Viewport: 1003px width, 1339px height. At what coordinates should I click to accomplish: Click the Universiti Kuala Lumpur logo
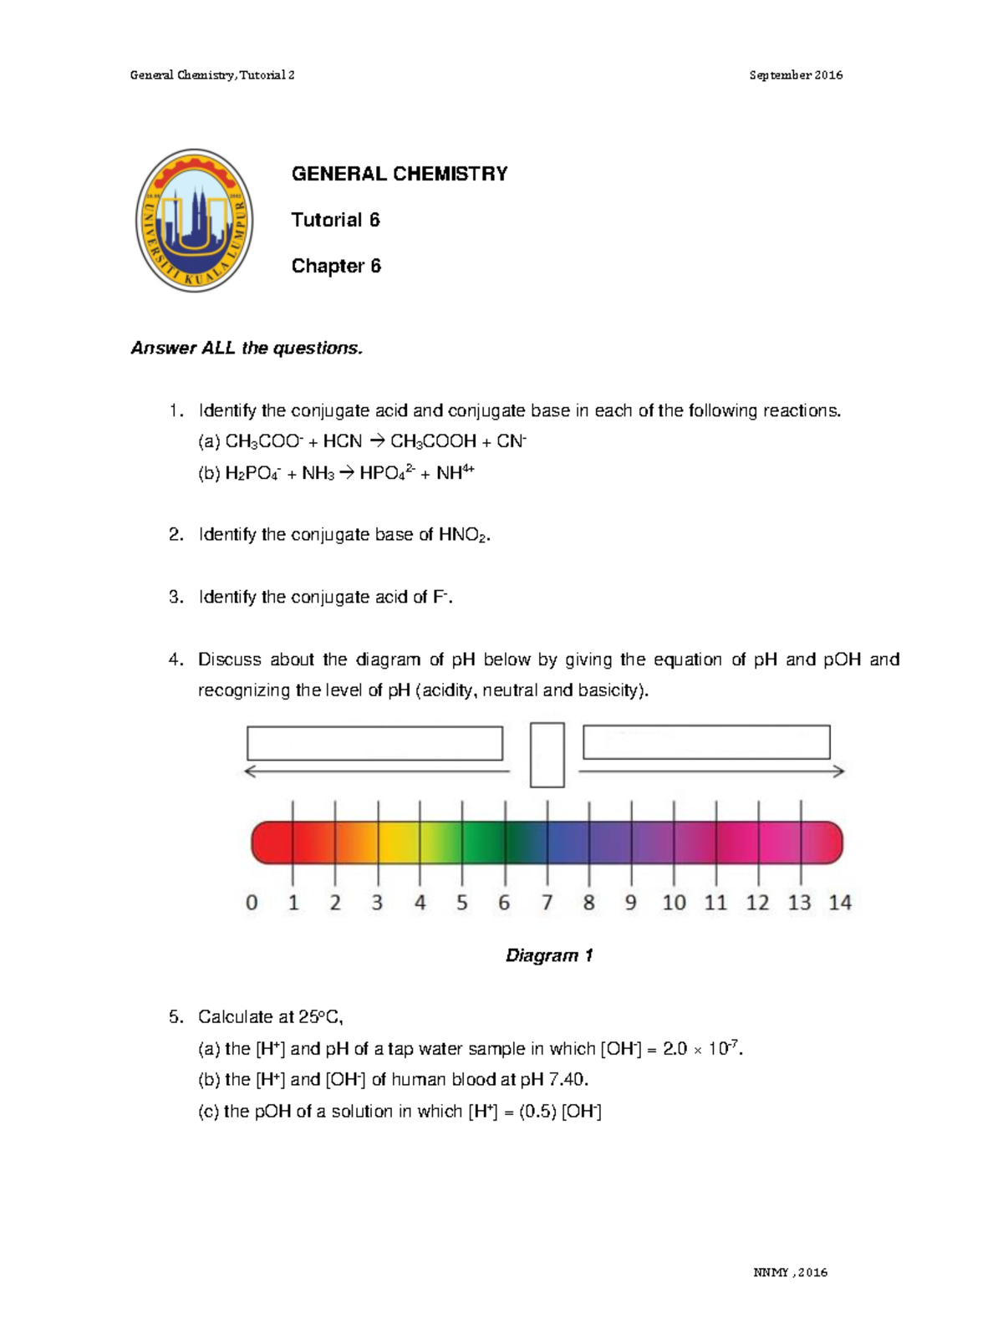point(195,221)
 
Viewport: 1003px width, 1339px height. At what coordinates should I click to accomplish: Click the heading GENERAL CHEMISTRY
point(400,174)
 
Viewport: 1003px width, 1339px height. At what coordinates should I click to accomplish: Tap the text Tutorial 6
point(335,220)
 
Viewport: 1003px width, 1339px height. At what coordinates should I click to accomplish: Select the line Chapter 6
point(336,266)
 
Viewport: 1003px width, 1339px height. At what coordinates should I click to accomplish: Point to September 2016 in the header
point(796,75)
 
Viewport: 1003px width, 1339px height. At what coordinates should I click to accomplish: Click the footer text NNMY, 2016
point(790,1272)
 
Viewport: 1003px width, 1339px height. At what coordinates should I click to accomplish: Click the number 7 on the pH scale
point(547,903)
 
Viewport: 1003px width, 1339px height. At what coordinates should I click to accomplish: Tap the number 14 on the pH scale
point(840,903)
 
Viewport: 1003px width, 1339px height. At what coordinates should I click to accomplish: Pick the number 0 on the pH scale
point(252,903)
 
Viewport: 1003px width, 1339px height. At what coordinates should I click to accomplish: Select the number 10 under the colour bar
point(674,903)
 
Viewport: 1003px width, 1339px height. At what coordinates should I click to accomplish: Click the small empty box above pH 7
point(547,755)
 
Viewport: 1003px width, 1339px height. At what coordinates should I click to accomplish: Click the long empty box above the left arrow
point(374,743)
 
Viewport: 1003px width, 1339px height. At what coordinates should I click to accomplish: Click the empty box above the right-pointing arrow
point(706,742)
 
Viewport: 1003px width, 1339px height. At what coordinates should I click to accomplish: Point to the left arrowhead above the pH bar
point(250,771)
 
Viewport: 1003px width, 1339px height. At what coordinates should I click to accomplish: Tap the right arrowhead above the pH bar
point(838,771)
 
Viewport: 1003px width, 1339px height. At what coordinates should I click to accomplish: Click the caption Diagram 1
point(549,955)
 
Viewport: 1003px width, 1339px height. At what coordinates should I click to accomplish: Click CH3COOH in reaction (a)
point(433,441)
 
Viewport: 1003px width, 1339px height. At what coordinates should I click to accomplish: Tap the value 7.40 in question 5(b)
point(567,1080)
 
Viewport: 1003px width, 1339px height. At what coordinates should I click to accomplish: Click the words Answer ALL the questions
point(247,349)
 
